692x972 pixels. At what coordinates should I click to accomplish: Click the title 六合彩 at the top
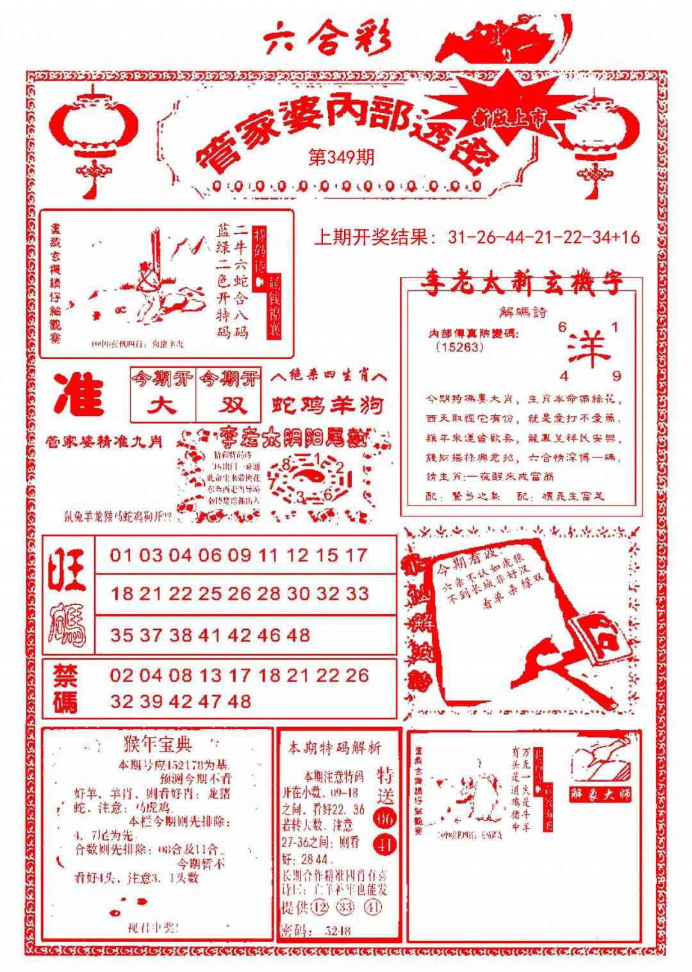tap(327, 40)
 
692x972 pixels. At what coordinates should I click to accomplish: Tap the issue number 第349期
tap(341, 158)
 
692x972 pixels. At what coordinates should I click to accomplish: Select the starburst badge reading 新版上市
tap(510, 115)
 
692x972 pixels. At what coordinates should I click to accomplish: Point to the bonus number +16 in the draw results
tap(626, 238)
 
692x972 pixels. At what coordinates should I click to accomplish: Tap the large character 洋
tap(588, 350)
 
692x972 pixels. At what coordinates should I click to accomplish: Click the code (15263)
tap(459, 347)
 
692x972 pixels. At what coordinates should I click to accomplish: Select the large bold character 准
tap(79, 395)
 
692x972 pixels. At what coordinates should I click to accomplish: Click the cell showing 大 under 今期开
tap(162, 406)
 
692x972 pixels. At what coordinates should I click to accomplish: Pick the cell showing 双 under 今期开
tap(229, 406)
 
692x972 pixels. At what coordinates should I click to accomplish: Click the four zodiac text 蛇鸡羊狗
tap(327, 406)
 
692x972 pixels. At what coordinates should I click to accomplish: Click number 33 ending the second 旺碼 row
tap(358, 594)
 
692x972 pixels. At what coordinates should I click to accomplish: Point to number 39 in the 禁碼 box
tap(151, 702)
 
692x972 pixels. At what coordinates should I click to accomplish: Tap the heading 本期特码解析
tap(334, 748)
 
